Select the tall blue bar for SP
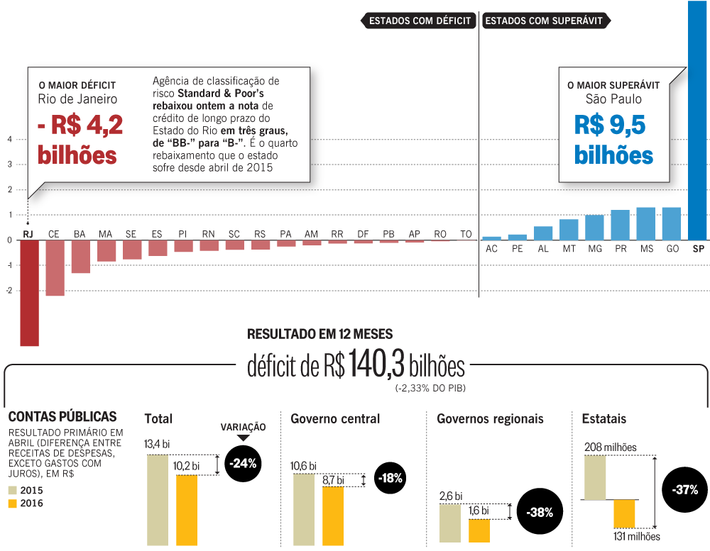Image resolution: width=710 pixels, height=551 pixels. coord(698,121)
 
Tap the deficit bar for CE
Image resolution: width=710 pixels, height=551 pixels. coord(55,267)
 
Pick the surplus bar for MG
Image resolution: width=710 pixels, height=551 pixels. coord(594,227)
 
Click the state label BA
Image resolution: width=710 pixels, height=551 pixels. coord(80,234)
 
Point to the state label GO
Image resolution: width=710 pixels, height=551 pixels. coord(671,250)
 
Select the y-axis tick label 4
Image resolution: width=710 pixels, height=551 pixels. coord(9,139)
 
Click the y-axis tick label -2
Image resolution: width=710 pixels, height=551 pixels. coord(9,291)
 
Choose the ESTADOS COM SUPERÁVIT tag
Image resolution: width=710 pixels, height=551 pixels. coord(545,21)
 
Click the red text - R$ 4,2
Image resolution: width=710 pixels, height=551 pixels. coord(80,126)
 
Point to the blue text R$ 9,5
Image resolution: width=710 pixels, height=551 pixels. coord(610,126)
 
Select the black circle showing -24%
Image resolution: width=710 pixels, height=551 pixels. coord(244,464)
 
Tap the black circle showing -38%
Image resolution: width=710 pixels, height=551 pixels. coord(540,512)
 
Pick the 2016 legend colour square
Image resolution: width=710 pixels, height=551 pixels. coord(13,503)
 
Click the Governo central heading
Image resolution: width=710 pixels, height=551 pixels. coord(335,419)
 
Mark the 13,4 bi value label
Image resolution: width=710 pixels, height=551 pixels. coord(157,445)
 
